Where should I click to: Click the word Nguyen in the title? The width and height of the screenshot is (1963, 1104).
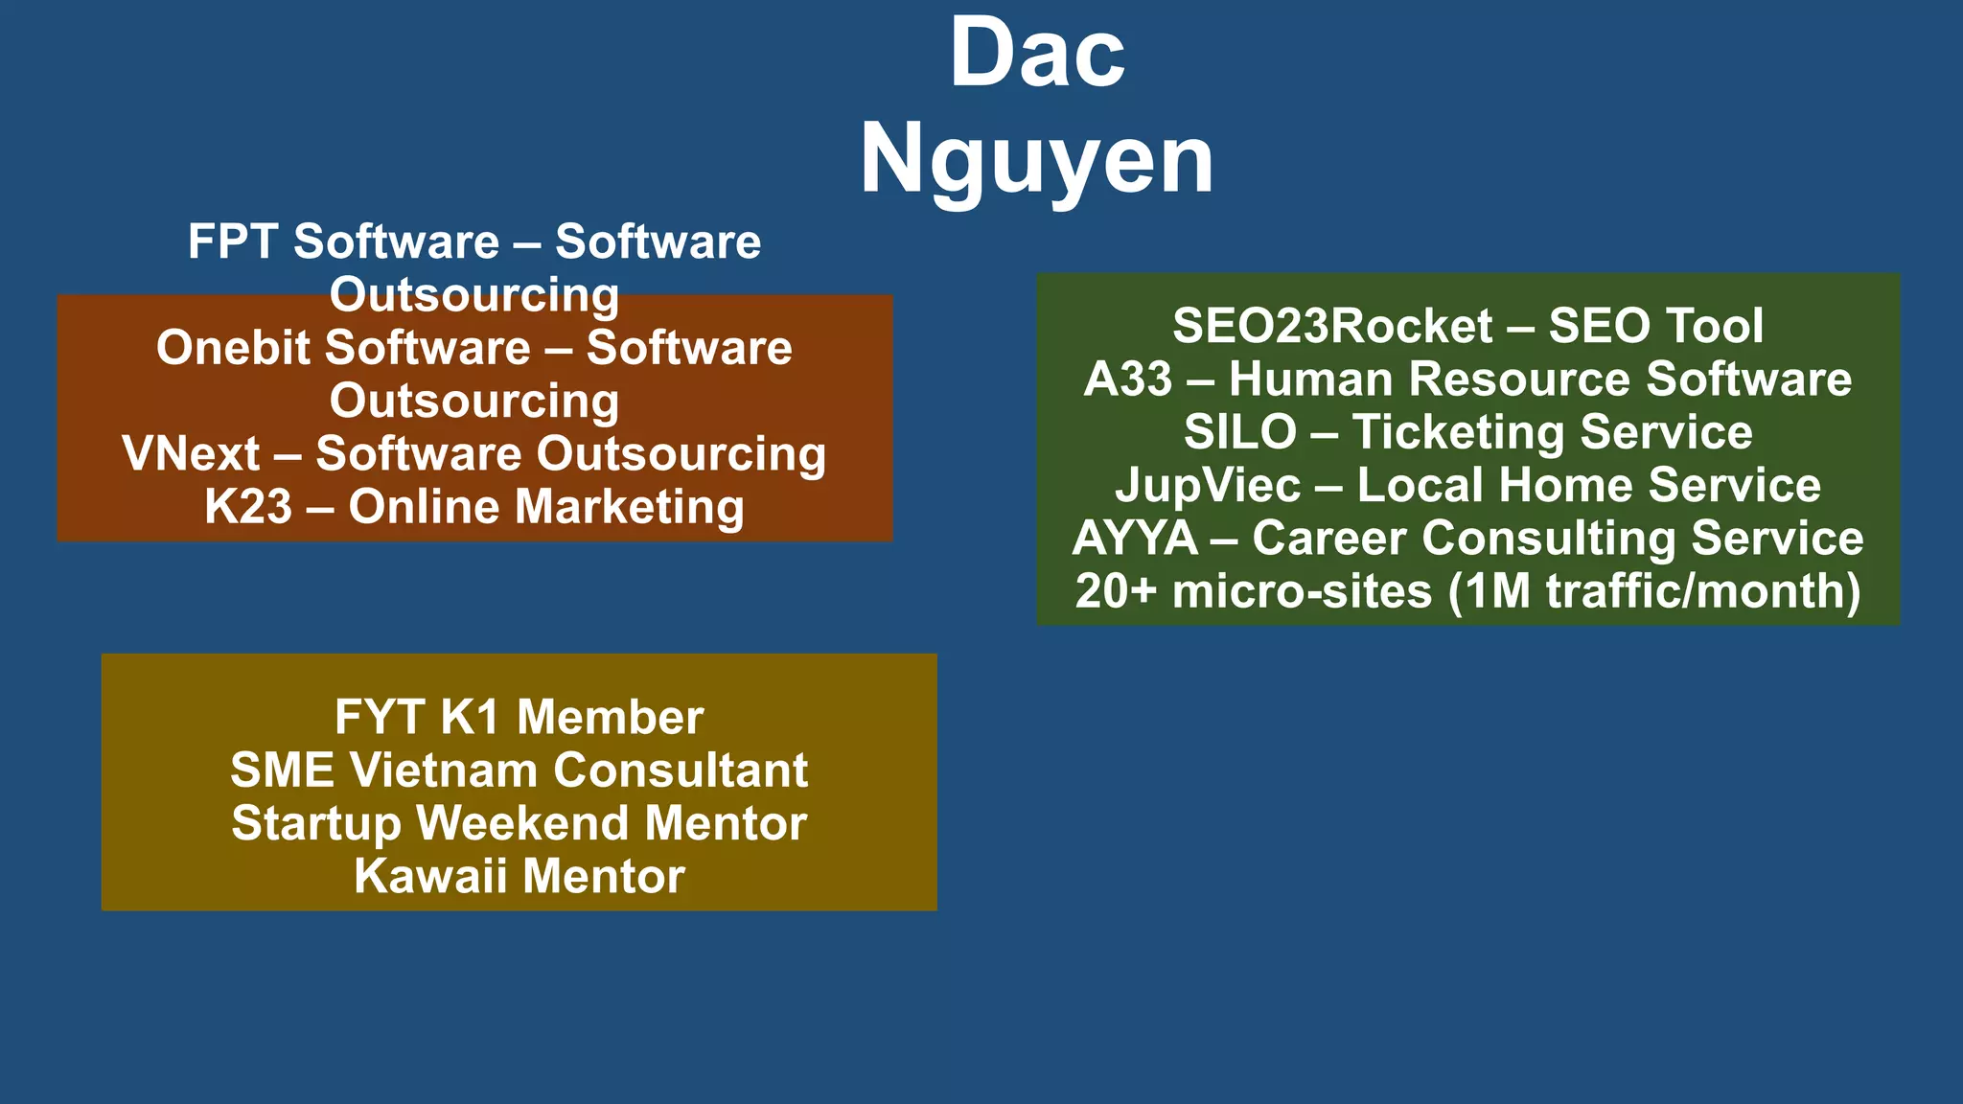click(1037, 160)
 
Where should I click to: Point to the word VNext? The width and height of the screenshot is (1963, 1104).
click(191, 454)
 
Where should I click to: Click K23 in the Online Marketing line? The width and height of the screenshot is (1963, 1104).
click(247, 507)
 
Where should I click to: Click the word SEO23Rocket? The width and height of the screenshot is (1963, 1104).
click(1332, 326)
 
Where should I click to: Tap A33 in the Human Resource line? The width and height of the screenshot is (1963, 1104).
click(1127, 379)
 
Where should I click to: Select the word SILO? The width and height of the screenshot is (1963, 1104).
click(1239, 432)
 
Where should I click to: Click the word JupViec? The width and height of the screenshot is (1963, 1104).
click(1208, 486)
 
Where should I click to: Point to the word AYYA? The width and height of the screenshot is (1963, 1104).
click(1135, 539)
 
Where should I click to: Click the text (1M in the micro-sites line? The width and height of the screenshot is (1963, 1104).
click(1490, 591)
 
